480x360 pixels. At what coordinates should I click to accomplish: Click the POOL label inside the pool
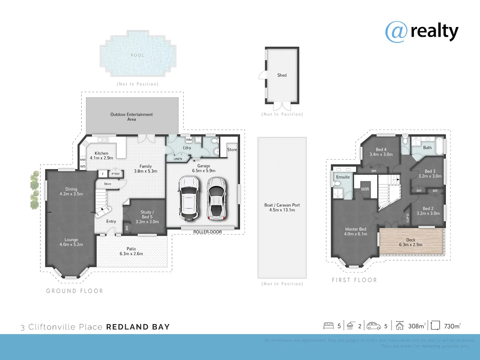click(x=138, y=55)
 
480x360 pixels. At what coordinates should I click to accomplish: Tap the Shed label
click(x=282, y=75)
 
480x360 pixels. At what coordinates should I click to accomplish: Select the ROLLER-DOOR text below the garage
click(x=207, y=232)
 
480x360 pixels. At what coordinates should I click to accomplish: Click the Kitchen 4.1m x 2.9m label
click(x=101, y=156)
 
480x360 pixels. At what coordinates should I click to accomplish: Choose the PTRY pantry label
click(x=116, y=174)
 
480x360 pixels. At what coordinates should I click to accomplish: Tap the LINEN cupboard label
click(x=178, y=159)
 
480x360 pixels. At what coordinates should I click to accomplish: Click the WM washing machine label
click(x=189, y=140)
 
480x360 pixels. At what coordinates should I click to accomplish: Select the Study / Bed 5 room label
click(x=147, y=217)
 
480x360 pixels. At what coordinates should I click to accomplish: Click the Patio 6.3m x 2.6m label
click(x=131, y=251)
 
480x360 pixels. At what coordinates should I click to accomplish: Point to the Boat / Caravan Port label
click(x=282, y=207)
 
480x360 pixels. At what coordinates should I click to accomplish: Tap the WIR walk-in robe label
click(x=365, y=189)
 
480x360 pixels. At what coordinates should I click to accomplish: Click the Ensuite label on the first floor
click(x=343, y=177)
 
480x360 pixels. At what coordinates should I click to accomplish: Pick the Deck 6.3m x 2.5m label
click(x=411, y=242)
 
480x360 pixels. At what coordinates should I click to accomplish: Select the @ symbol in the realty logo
click(x=396, y=32)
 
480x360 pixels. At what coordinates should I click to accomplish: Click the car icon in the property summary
click(x=374, y=326)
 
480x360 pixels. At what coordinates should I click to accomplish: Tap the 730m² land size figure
click(x=452, y=326)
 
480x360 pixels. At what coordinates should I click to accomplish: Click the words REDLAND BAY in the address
click(x=138, y=327)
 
